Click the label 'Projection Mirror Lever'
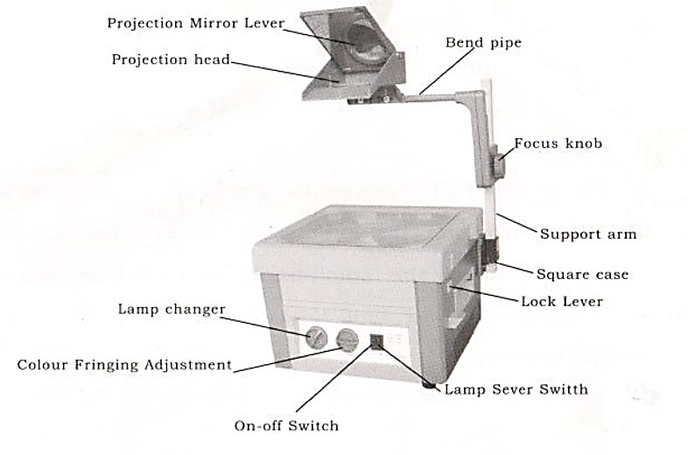click(x=196, y=23)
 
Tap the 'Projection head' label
click(x=171, y=59)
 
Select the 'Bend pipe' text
click(x=482, y=42)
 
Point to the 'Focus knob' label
click(x=558, y=143)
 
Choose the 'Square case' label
click(x=582, y=274)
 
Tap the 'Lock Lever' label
click(x=562, y=301)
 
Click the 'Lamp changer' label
click(x=172, y=309)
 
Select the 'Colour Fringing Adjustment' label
click(x=124, y=364)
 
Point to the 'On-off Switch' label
click(x=285, y=426)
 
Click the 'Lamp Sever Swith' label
click(x=516, y=388)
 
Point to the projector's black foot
click(x=429, y=381)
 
